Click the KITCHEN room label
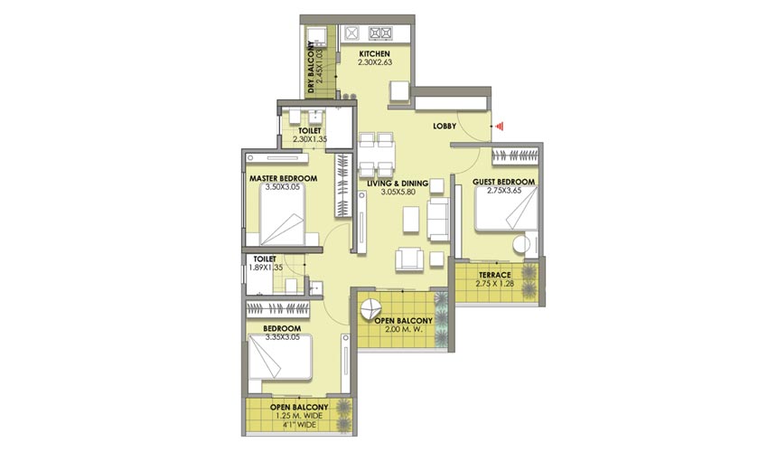click(x=375, y=54)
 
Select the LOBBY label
click(x=445, y=126)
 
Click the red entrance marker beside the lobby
click(x=499, y=127)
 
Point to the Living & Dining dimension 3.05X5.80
click(x=398, y=193)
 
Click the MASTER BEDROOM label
click(x=283, y=178)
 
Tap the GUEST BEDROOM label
click(x=503, y=182)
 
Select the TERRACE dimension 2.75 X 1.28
click(x=495, y=283)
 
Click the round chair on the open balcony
click(x=370, y=309)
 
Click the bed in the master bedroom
click(x=282, y=215)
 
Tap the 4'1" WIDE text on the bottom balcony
click(x=299, y=425)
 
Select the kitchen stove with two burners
click(x=380, y=33)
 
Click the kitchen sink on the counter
click(x=351, y=33)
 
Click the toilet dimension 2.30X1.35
click(x=310, y=139)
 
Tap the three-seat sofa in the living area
click(x=438, y=219)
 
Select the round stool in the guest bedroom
click(x=521, y=245)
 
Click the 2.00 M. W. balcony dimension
click(x=404, y=329)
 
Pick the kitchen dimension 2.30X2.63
click(x=375, y=62)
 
